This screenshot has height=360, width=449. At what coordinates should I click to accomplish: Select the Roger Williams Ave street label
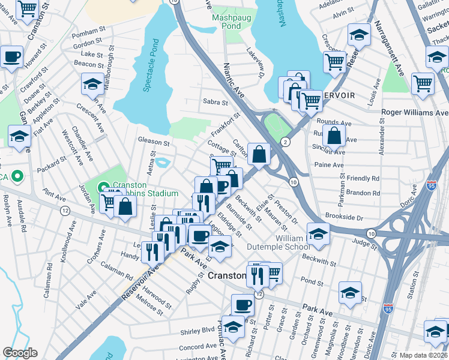coord(415,112)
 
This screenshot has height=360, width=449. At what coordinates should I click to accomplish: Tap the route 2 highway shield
coord(285,142)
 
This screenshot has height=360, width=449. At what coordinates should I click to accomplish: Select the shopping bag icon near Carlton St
coord(258,154)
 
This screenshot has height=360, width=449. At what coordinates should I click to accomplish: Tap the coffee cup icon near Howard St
coord(11,57)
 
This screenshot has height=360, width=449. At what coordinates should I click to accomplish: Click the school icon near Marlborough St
coord(92,85)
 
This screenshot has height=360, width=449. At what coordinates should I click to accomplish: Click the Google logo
coord(20,352)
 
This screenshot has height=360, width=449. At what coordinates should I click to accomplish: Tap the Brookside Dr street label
coord(344,216)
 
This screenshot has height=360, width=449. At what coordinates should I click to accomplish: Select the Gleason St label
coord(154,142)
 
